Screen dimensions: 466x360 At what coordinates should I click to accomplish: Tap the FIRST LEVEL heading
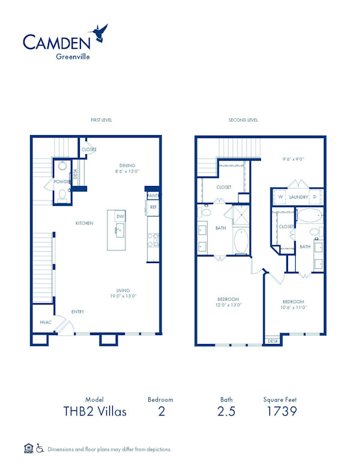[101, 120]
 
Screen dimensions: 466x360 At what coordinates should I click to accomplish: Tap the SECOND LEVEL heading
[243, 120]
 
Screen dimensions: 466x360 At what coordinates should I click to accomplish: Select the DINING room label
[127, 165]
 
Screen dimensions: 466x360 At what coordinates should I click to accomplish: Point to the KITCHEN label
[84, 223]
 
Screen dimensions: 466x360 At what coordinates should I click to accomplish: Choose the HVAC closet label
[46, 322]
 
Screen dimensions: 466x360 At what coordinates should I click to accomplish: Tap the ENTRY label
[78, 312]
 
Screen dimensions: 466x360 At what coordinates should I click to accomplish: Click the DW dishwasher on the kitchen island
[120, 216]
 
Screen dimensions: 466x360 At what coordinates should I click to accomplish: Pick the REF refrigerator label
[153, 207]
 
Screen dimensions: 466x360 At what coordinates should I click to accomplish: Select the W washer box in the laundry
[280, 197]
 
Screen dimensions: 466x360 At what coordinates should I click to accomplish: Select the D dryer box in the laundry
[314, 197]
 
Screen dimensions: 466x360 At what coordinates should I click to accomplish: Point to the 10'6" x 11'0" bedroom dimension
[293, 307]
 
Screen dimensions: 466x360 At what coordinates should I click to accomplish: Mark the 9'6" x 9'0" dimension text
[293, 159]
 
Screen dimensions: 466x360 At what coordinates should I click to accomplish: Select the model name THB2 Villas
[95, 411]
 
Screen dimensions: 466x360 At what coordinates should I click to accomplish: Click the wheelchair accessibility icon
[40, 448]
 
